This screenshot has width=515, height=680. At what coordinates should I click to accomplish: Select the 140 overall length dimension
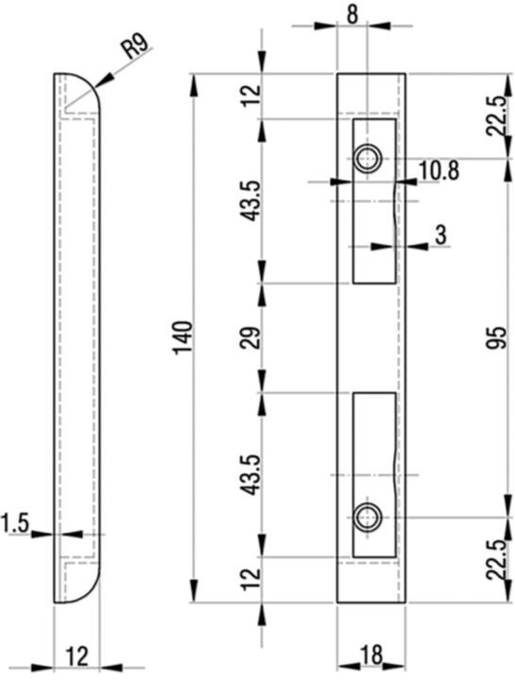coord(182,337)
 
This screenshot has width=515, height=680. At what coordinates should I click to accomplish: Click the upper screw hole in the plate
coord(368,158)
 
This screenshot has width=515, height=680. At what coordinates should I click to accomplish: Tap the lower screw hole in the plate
coord(368,516)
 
